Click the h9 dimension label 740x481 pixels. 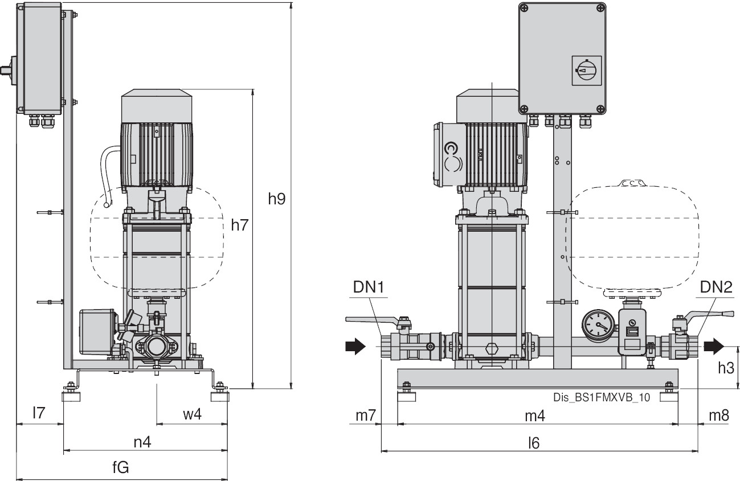[x=277, y=199]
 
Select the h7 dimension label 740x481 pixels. [x=240, y=225]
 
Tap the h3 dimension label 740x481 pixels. [x=725, y=368]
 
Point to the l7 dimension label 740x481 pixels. [x=38, y=414]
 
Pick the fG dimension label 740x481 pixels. [x=120, y=468]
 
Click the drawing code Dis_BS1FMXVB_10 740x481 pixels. [x=601, y=398]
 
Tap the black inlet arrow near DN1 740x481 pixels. [x=355, y=346]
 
